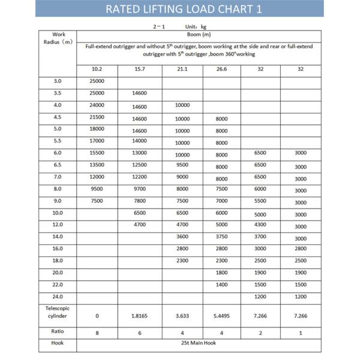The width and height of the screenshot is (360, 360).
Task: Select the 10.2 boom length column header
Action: tap(97, 69)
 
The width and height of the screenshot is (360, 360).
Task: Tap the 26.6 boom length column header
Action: tap(221, 69)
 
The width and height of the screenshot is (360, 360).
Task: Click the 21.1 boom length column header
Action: tap(182, 69)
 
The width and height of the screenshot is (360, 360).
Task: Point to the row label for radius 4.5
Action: tap(58, 117)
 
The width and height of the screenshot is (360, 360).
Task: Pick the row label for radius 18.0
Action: tap(58, 260)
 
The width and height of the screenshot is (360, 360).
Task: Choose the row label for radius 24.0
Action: tap(58, 296)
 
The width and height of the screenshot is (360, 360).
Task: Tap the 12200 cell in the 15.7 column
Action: tap(139, 178)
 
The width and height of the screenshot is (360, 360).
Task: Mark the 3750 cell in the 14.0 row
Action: tap(221, 237)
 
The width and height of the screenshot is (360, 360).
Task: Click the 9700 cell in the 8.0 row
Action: tap(139, 190)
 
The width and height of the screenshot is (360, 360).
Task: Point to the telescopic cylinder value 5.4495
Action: tap(221, 314)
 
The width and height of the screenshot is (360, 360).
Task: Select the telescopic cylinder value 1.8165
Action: tap(139, 314)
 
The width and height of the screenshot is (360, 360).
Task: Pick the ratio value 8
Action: tap(97, 332)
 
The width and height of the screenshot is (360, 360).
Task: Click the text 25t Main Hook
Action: tap(199, 343)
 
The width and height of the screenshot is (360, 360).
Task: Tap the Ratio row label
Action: tap(58, 331)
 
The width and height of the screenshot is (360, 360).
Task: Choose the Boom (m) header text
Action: tap(199, 34)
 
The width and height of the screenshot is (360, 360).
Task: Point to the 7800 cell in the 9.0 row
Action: tap(139, 201)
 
